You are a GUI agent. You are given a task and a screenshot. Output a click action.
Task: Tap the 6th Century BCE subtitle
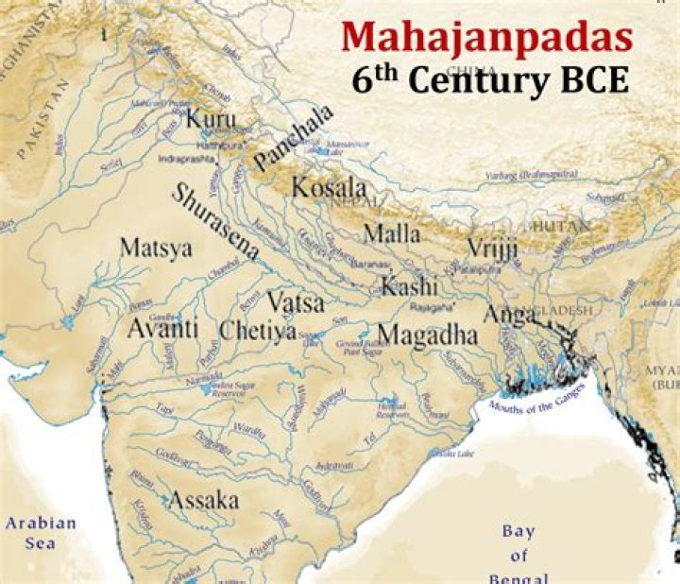coord(490,80)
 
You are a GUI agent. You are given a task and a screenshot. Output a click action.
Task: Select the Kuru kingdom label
coord(211,120)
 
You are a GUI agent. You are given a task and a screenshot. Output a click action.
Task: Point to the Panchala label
coord(294,140)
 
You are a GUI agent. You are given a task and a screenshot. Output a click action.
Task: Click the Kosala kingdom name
coord(328,187)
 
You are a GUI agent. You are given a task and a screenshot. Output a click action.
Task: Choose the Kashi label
coord(409,284)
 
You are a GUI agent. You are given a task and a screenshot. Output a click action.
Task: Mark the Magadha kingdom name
coord(427,335)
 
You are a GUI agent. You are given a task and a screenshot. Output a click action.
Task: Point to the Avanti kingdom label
coord(162,329)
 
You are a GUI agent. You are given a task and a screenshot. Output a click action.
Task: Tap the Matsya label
coord(156,249)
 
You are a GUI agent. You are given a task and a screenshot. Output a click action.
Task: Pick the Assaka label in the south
coord(203,501)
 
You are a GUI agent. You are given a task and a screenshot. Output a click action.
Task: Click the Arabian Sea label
coord(40,532)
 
